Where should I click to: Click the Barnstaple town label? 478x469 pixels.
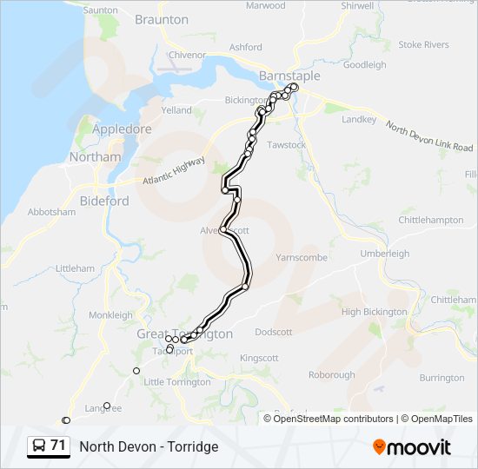pyautogui.click(x=289, y=76)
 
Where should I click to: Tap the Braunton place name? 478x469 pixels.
pyautogui.click(x=162, y=19)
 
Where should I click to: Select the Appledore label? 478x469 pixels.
pyautogui.click(x=122, y=129)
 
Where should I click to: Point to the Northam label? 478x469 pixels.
pyautogui.click(x=95, y=157)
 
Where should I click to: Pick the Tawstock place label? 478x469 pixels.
pyautogui.click(x=286, y=145)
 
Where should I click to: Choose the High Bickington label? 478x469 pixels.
pyautogui.click(x=374, y=312)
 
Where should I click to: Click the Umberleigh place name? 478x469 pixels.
pyautogui.click(x=384, y=253)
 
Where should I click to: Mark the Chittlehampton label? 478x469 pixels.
pyautogui.click(x=431, y=221)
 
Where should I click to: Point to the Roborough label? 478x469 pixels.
pyautogui.click(x=331, y=375)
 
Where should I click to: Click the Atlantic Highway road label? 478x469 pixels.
pyautogui.click(x=175, y=171)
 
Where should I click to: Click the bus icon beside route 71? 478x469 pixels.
pyautogui.click(x=39, y=446)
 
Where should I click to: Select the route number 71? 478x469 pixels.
pyautogui.click(x=58, y=446)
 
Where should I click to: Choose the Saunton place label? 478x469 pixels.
pyautogui.click(x=101, y=10)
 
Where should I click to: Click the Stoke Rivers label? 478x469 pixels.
pyautogui.click(x=423, y=44)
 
